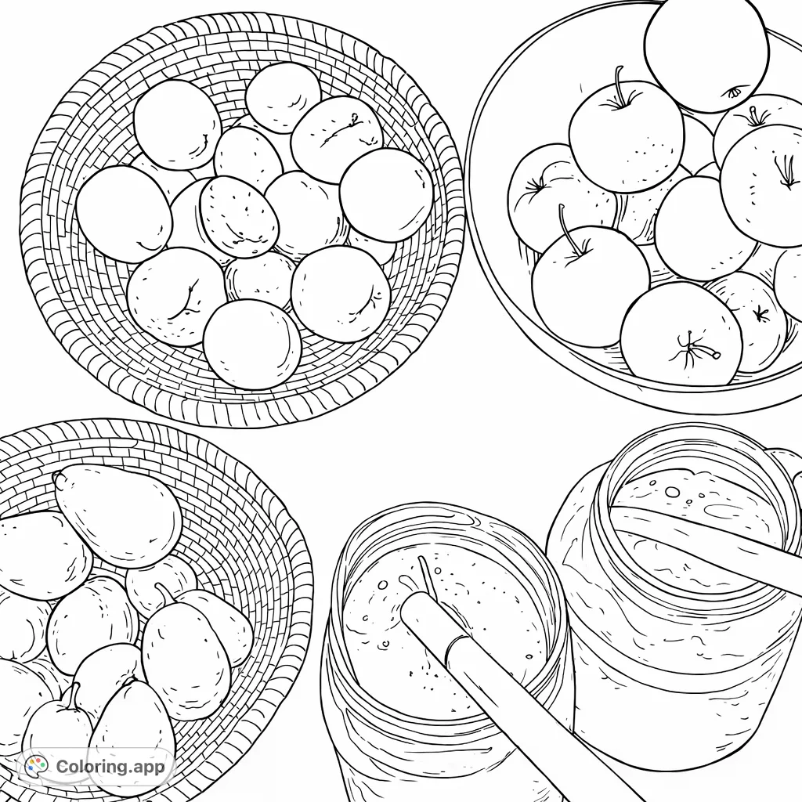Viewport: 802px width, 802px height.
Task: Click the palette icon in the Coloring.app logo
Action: click(35, 766)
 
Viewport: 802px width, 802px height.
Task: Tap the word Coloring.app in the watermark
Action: click(110, 766)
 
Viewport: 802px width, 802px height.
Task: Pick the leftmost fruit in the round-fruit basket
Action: click(123, 214)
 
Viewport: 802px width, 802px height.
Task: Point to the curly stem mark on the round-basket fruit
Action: click(353, 121)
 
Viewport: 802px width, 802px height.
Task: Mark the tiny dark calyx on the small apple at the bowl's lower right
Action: click(759, 315)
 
